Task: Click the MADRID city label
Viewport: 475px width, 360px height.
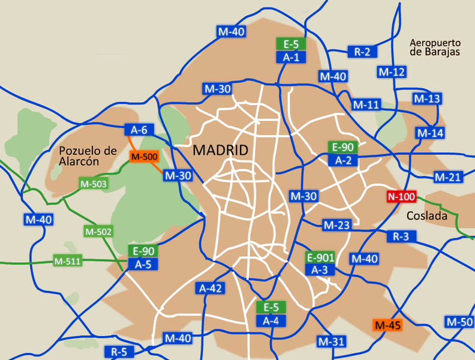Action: [x=220, y=151]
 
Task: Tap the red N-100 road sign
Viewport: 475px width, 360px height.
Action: [x=401, y=197]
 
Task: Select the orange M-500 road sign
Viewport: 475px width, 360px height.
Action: [x=143, y=157]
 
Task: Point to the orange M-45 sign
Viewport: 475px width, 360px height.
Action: [x=387, y=325]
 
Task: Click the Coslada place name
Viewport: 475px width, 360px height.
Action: [x=427, y=216]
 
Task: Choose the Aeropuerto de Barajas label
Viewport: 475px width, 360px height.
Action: [x=435, y=47]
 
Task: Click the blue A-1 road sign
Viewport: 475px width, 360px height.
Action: [x=291, y=57]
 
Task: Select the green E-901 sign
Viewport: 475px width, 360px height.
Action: [x=320, y=257]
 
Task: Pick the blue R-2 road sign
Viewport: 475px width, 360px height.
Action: [x=362, y=52]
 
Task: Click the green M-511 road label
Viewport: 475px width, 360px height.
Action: [x=67, y=261]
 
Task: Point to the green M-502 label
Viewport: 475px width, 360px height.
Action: [x=98, y=231]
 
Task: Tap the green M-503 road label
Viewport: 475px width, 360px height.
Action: [x=94, y=183]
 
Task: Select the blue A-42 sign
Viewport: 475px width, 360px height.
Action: [x=211, y=289]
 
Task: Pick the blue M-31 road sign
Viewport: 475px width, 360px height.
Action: [x=332, y=341]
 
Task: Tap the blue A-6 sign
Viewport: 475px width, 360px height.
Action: [x=139, y=129]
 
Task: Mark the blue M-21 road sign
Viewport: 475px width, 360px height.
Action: [x=447, y=177]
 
